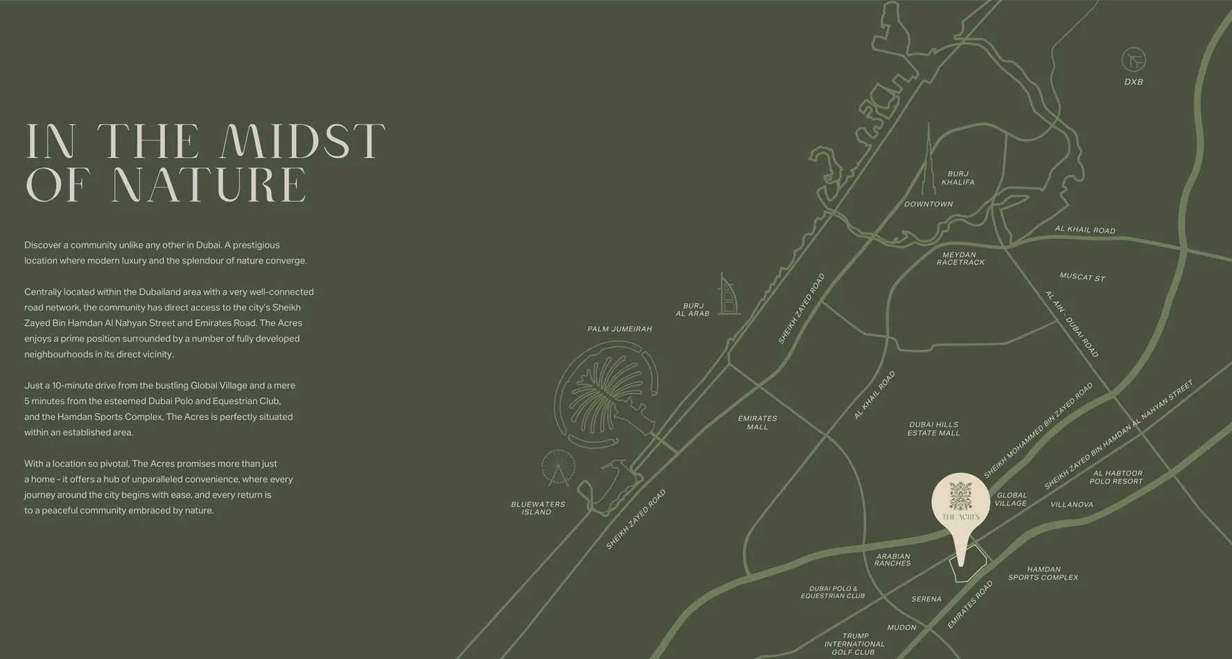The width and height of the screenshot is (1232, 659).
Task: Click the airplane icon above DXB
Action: coord(1134,60)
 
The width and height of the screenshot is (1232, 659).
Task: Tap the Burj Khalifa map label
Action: coord(958,178)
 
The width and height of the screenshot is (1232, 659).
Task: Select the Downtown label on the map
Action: coord(929,204)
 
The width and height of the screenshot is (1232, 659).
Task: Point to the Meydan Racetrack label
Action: coord(960,258)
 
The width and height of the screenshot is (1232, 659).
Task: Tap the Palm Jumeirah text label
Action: coord(619,329)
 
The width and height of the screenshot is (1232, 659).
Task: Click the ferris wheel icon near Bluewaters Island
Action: coord(558,467)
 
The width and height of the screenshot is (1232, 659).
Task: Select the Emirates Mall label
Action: coord(757,422)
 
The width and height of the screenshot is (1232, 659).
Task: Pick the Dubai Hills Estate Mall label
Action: coord(933,428)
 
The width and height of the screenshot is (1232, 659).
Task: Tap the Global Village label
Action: coord(1011,499)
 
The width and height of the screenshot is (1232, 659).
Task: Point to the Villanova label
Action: coord(1071,505)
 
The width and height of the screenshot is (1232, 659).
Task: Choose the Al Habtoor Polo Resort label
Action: coord(1116,477)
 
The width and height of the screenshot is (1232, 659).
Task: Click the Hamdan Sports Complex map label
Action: coord(1043,573)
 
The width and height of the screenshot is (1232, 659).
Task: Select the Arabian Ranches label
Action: coord(892,559)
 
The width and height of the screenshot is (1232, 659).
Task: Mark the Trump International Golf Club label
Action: coord(854,644)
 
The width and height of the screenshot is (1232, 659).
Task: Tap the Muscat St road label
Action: coord(1082,277)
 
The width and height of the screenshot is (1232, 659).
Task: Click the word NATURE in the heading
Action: coord(209,185)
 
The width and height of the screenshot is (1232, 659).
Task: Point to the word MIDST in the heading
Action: coord(302,141)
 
